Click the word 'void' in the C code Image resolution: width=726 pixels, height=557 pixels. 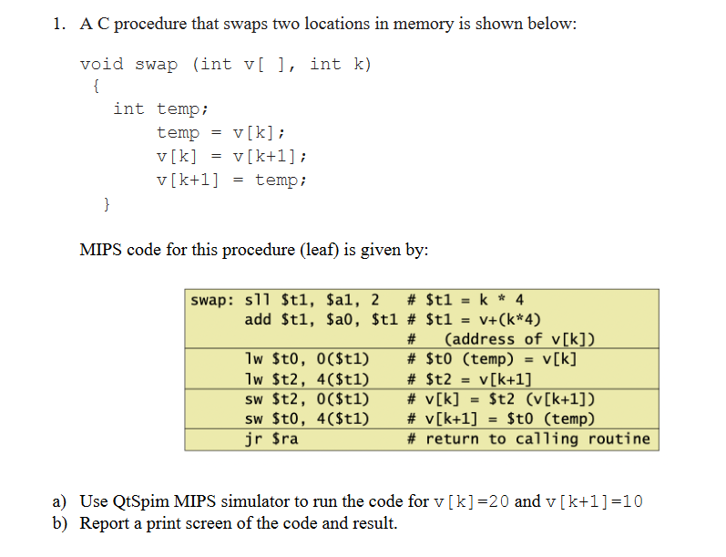102,65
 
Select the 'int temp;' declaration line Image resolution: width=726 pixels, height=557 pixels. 161,109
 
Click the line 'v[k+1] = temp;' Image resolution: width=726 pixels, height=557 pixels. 232,180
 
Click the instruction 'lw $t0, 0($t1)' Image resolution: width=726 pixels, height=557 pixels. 308,358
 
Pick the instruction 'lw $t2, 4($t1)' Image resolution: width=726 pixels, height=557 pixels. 308,378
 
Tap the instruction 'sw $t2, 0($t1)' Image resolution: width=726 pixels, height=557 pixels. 308,398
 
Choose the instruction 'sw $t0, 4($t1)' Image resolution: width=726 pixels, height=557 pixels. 308,418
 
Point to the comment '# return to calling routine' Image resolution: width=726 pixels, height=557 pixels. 528,439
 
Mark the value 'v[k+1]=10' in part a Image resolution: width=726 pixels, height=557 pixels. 594,501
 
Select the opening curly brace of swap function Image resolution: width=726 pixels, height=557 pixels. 97,87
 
